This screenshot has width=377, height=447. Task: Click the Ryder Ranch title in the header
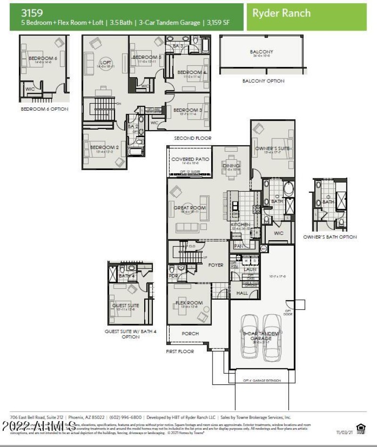281,13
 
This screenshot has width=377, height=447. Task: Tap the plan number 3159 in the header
31,13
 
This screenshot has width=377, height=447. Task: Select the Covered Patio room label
190,159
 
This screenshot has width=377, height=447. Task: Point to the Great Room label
189,208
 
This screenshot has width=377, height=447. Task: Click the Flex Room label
188,303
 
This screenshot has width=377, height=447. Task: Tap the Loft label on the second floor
105,63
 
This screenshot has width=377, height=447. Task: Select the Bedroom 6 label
43,58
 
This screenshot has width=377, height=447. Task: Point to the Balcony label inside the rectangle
261,52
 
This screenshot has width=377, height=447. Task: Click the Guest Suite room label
125,305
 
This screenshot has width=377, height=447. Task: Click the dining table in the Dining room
231,166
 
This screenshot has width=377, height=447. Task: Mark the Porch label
190,333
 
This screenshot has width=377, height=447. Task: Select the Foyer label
215,265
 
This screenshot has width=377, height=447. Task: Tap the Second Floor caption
192,138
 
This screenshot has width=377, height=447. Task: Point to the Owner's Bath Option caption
329,237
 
